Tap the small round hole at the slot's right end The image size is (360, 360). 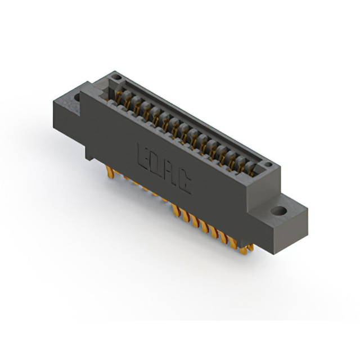[x=271, y=165]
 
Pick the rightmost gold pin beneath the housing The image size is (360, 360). [x=249, y=247]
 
